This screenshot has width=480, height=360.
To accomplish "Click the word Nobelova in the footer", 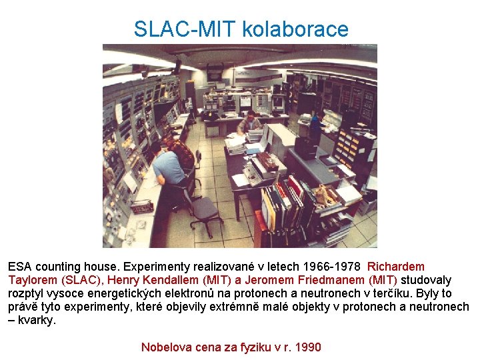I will [x=165, y=347].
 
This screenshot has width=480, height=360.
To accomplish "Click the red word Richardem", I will [x=396, y=267].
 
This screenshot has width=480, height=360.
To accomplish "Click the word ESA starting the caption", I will [x=20, y=267].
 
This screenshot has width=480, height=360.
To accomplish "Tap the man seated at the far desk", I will [x=250, y=124].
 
